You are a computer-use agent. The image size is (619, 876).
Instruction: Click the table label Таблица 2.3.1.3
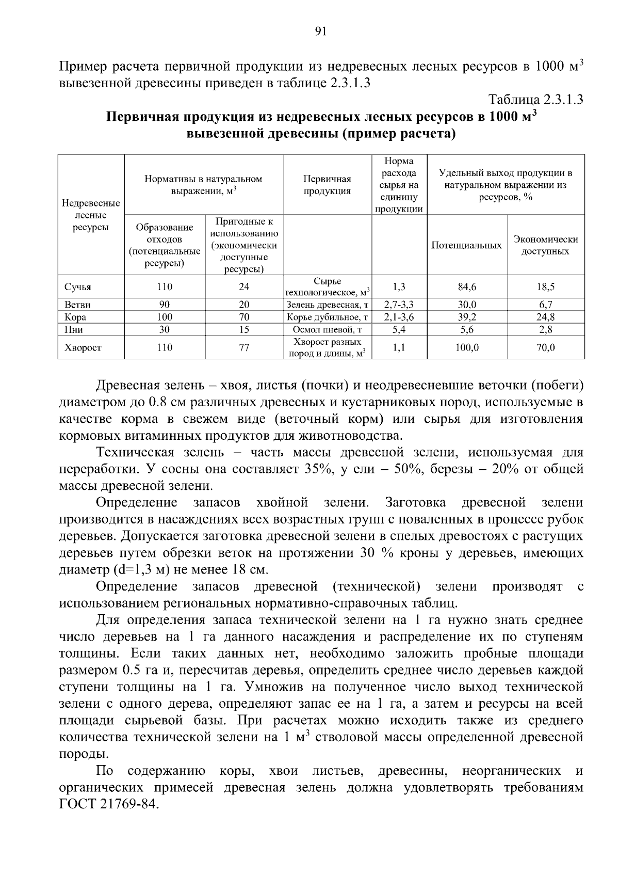coord(535,100)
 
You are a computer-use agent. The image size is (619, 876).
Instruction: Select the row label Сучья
coord(77,287)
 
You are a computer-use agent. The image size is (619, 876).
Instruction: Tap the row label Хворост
coord(83,348)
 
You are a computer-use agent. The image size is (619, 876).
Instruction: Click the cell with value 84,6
coord(467,287)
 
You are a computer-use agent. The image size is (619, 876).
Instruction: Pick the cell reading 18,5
coord(545,287)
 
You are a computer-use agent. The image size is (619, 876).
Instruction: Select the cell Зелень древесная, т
coord(327,305)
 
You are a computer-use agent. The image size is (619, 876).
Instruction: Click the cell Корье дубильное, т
coord(327,317)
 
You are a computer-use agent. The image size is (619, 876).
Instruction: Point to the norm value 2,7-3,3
coord(399,305)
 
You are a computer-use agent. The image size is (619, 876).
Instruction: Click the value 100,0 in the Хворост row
coord(467,348)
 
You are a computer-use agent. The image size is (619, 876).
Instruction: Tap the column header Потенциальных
coord(466,246)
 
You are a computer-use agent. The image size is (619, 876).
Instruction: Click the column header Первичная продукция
coord(327,185)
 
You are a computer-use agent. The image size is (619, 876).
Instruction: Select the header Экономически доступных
coord(545,246)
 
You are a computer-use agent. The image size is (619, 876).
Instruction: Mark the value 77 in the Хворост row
coord(244,348)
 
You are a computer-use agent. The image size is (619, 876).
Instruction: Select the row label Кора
coord(75,317)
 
